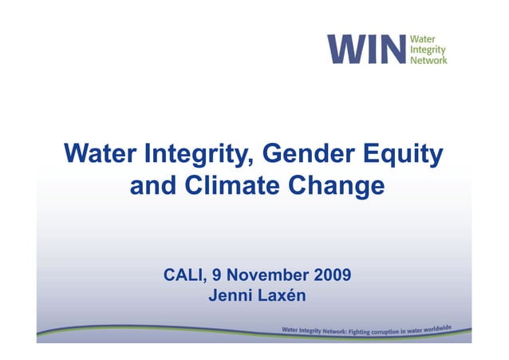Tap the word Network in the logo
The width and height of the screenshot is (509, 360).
pos(428,59)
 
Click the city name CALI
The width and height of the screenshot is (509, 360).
pos(184,276)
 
